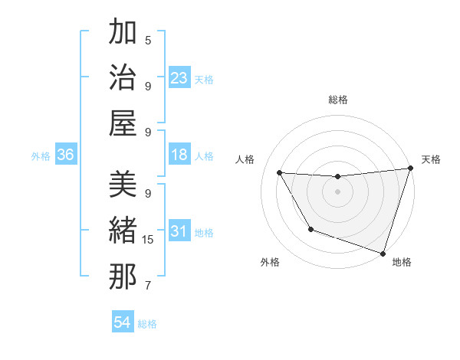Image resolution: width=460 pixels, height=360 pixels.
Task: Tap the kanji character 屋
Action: pos(123,123)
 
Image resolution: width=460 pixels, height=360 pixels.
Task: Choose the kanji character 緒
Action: pos(123,231)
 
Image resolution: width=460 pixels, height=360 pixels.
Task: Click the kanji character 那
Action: pos(123,277)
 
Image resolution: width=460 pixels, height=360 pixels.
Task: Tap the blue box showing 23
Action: pos(179,77)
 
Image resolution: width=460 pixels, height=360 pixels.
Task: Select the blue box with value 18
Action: pos(179,155)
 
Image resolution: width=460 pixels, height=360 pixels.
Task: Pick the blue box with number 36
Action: pos(65,155)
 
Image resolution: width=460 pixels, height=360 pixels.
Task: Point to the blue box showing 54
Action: pos(123,322)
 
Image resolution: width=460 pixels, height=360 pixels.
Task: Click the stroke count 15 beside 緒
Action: pos(148,240)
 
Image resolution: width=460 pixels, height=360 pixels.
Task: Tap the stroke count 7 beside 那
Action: pos(148,286)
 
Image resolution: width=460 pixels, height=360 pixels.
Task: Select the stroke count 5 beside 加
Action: pos(148,41)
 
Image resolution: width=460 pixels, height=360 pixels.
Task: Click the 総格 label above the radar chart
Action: pos(337,100)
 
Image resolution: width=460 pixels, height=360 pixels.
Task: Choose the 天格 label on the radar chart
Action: pos(431,159)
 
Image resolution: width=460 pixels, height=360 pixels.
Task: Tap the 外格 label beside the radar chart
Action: pos(270,262)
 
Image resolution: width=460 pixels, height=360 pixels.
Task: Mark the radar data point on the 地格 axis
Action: pos(383,252)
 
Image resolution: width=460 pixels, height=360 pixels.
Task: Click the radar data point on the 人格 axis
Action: pos(280,173)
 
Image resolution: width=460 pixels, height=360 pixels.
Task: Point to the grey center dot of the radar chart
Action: pos(337,191)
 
